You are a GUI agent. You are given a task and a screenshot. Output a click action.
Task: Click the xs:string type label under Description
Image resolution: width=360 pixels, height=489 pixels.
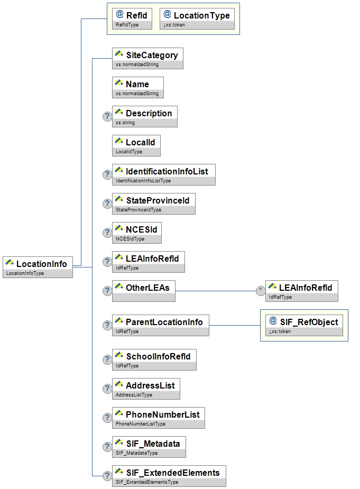125,123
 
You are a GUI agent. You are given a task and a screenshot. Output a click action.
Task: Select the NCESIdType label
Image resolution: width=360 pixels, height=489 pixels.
130,239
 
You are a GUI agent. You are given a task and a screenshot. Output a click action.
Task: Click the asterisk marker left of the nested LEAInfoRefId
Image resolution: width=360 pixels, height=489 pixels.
260,290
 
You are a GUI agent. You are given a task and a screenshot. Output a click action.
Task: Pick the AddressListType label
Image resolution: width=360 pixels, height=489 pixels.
134,395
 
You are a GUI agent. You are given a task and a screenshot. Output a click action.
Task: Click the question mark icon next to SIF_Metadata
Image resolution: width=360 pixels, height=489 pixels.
106,447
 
